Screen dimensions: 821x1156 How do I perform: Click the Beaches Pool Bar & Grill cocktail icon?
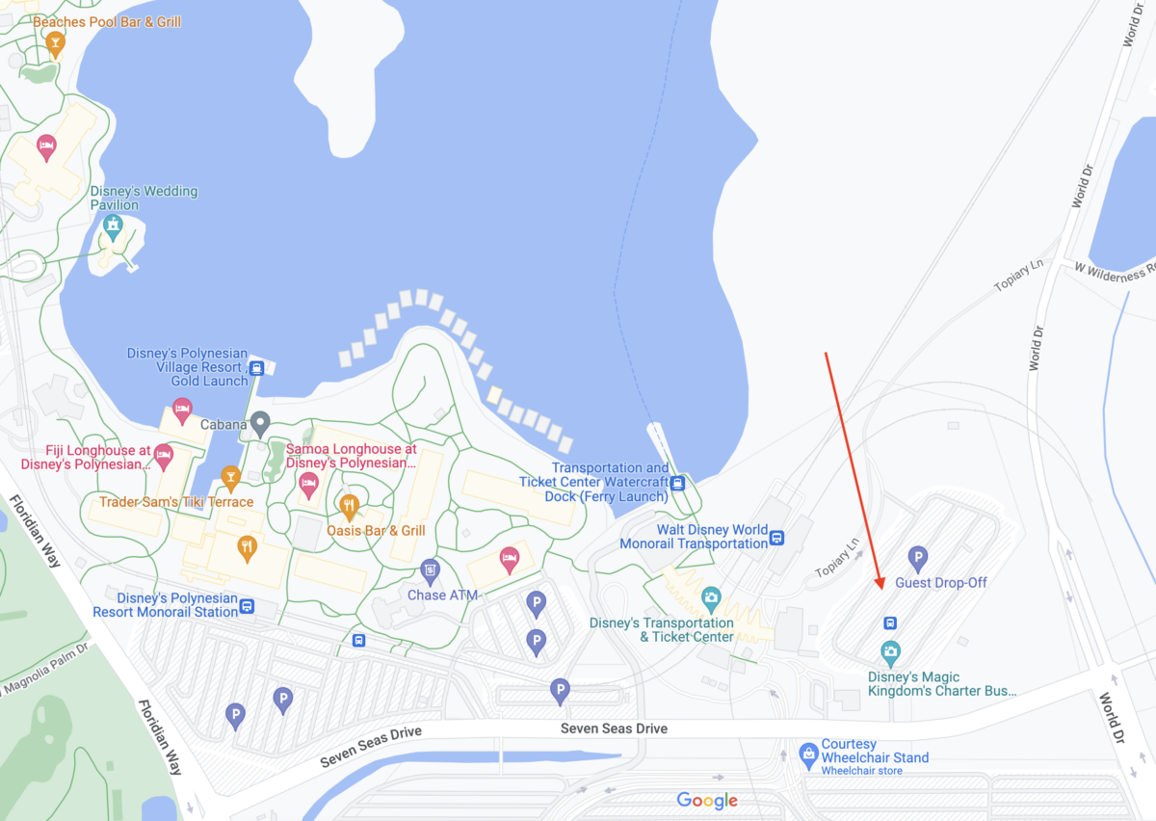pos(55,42)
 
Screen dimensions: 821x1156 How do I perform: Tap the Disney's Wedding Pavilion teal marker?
pos(114,227)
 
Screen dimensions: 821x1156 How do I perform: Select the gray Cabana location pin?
pos(259,422)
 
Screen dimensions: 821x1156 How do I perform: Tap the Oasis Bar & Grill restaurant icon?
pos(350,504)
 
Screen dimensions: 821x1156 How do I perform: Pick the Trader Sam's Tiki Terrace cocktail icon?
pos(230,476)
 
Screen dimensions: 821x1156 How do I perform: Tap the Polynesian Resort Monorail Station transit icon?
pos(248,606)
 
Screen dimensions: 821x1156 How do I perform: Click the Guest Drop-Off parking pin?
pos(918,557)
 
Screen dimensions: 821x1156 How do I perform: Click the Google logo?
pos(707,801)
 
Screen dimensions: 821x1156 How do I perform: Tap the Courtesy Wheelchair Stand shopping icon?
pos(809,752)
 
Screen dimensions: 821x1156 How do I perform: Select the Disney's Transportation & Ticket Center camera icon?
pos(711,598)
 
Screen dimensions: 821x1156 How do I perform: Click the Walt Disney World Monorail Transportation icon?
pos(776,538)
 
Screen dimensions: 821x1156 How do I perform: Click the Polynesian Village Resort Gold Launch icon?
pos(257,367)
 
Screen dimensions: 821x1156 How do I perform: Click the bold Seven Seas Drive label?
pos(614,728)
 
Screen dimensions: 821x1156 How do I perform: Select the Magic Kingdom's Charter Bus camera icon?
pos(890,652)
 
